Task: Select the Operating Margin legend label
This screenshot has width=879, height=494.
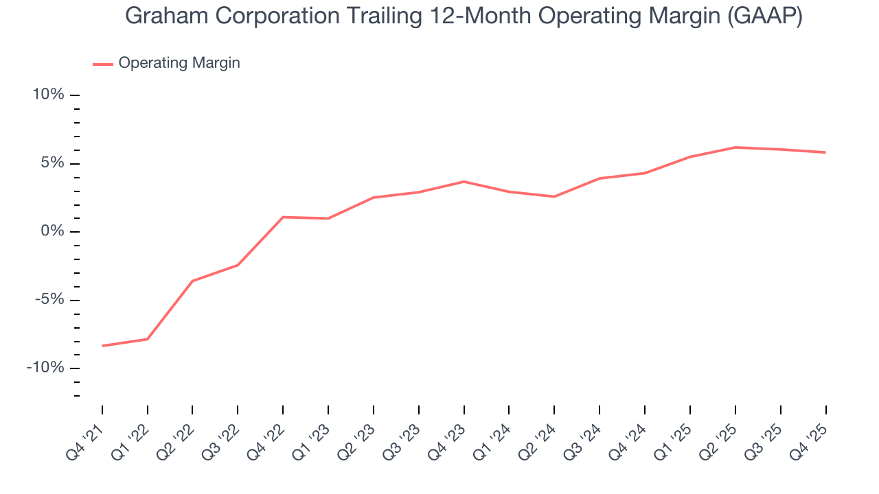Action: coord(179,63)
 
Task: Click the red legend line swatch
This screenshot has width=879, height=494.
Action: coord(103,64)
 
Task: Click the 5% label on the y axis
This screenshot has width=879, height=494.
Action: coord(52,163)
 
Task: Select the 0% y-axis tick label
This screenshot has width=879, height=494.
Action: coord(52,231)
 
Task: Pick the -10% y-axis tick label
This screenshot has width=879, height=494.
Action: coord(45,368)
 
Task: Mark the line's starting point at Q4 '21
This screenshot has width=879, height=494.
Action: coord(102,346)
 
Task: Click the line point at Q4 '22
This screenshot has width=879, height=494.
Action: coord(283,217)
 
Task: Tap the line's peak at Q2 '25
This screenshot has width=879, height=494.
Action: coord(735,148)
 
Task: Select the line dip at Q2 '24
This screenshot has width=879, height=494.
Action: coord(554,197)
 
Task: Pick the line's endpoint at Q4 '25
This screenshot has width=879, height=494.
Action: coord(825,152)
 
